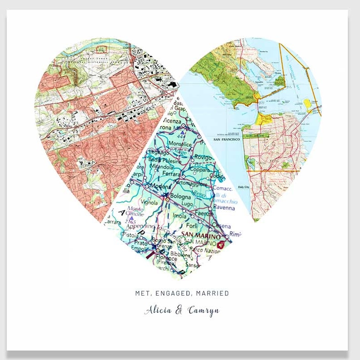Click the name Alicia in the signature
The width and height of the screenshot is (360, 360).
coord(158,310)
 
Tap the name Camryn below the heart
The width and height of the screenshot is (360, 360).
coord(203,310)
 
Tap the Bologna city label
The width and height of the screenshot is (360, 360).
coord(180,197)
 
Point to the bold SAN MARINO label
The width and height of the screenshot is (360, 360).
coord(202,235)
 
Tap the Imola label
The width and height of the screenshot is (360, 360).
coord(179,216)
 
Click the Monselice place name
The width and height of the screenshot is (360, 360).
coord(179,144)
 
